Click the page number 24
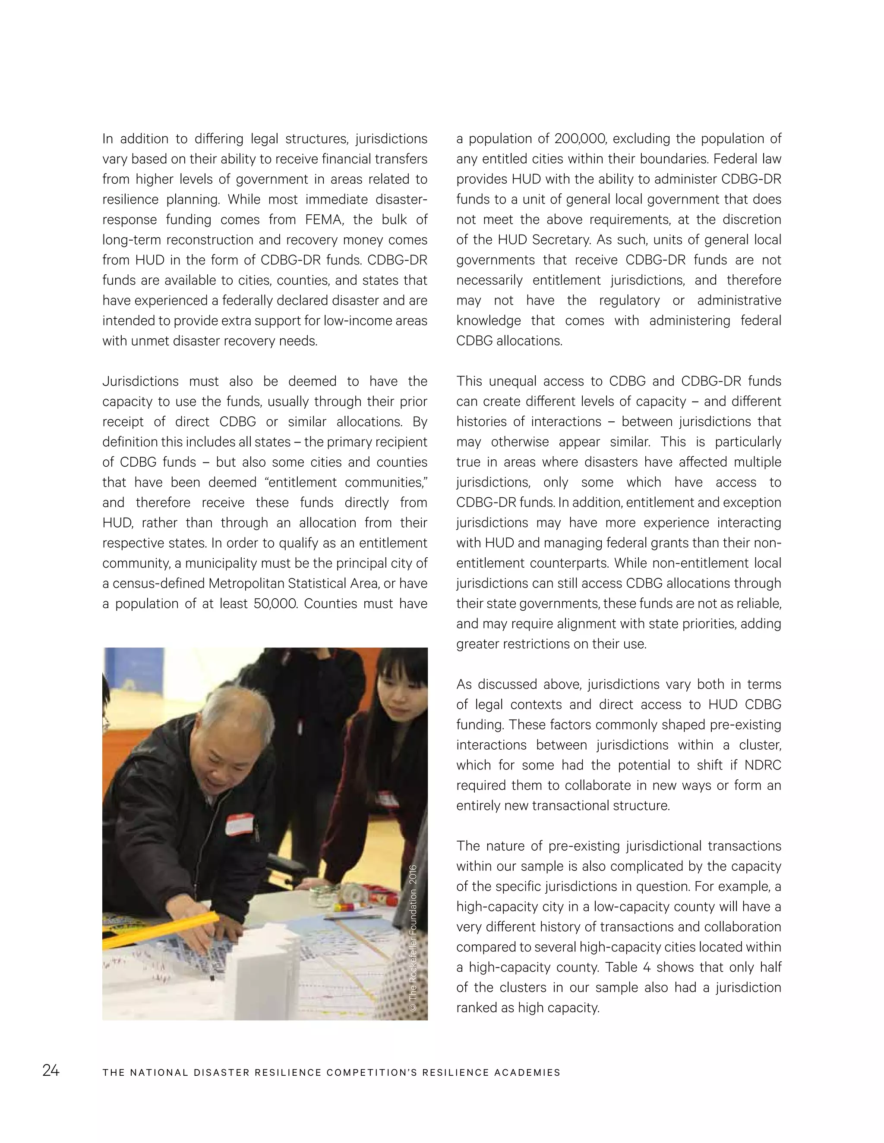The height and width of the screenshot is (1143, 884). pos(51,1071)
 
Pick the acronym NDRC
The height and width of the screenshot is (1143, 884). pos(763,765)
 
